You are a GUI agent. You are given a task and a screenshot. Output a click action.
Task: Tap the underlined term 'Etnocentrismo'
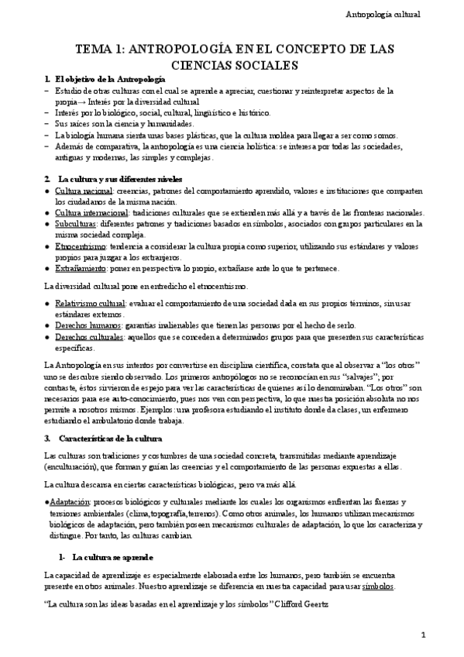[81, 246]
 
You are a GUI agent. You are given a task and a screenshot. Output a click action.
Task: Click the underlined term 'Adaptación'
[69, 501]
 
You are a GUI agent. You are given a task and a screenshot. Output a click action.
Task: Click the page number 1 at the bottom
[423, 635]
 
